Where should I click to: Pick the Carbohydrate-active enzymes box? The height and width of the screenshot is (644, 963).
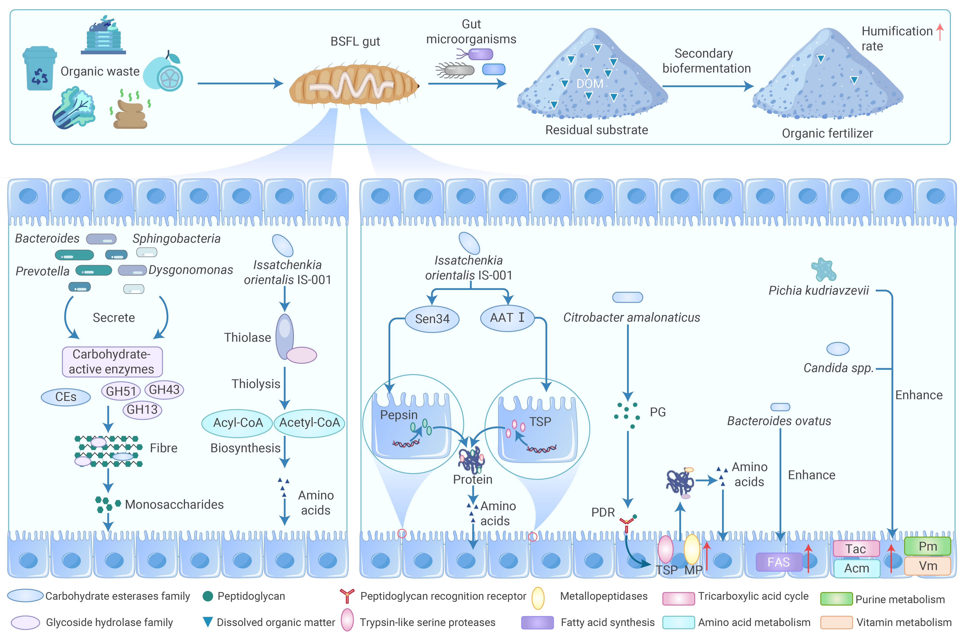[112, 361]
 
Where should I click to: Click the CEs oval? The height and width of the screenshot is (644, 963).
[66, 397]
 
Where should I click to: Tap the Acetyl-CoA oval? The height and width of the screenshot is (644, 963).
[309, 423]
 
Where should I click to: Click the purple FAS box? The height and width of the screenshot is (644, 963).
[778, 562]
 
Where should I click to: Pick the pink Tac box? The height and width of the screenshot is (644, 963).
[856, 549]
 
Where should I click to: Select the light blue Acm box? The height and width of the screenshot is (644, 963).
[857, 569]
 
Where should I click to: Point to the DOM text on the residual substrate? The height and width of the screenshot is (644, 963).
[590, 84]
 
